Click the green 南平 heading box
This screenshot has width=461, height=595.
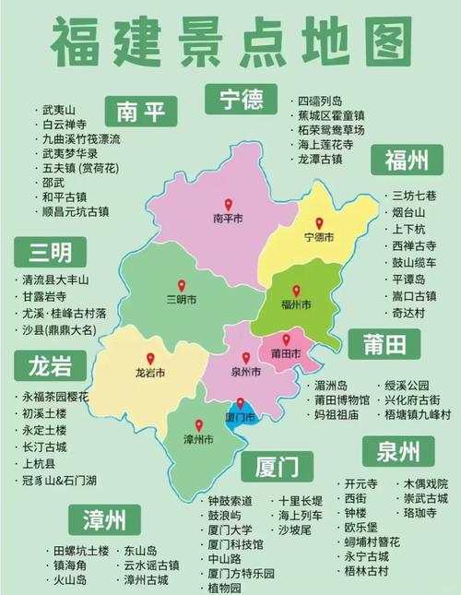[140, 112]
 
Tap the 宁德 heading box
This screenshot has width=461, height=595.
[235, 97]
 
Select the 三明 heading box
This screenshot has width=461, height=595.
[50, 251]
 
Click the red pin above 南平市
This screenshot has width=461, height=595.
[228, 205]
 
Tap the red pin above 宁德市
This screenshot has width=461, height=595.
[319, 223]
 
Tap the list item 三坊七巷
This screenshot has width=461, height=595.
[413, 196]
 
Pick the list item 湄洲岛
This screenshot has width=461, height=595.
[330, 385]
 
